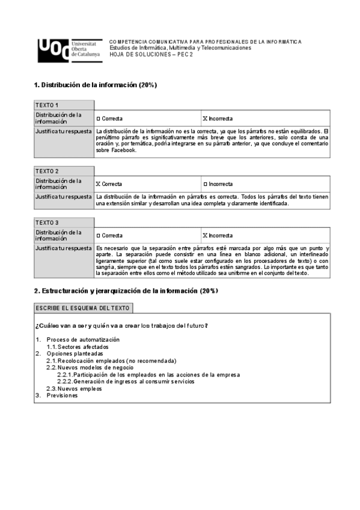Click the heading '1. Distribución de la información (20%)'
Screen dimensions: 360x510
(x=96, y=85)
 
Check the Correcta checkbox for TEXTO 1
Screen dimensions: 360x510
(x=99, y=118)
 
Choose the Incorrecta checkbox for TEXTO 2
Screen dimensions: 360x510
(x=205, y=184)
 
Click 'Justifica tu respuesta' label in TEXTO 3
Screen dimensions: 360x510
(x=63, y=248)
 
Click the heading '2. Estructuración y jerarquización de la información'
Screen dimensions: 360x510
(x=126, y=291)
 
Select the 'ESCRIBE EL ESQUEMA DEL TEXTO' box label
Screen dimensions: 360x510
(x=83, y=308)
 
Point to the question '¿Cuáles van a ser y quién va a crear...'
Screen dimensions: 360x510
(x=122, y=325)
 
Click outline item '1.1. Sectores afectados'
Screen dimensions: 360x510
(x=78, y=347)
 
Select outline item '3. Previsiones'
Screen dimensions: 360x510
(x=57, y=395)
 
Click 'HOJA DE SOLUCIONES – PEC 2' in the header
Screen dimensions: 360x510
(x=151, y=54)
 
